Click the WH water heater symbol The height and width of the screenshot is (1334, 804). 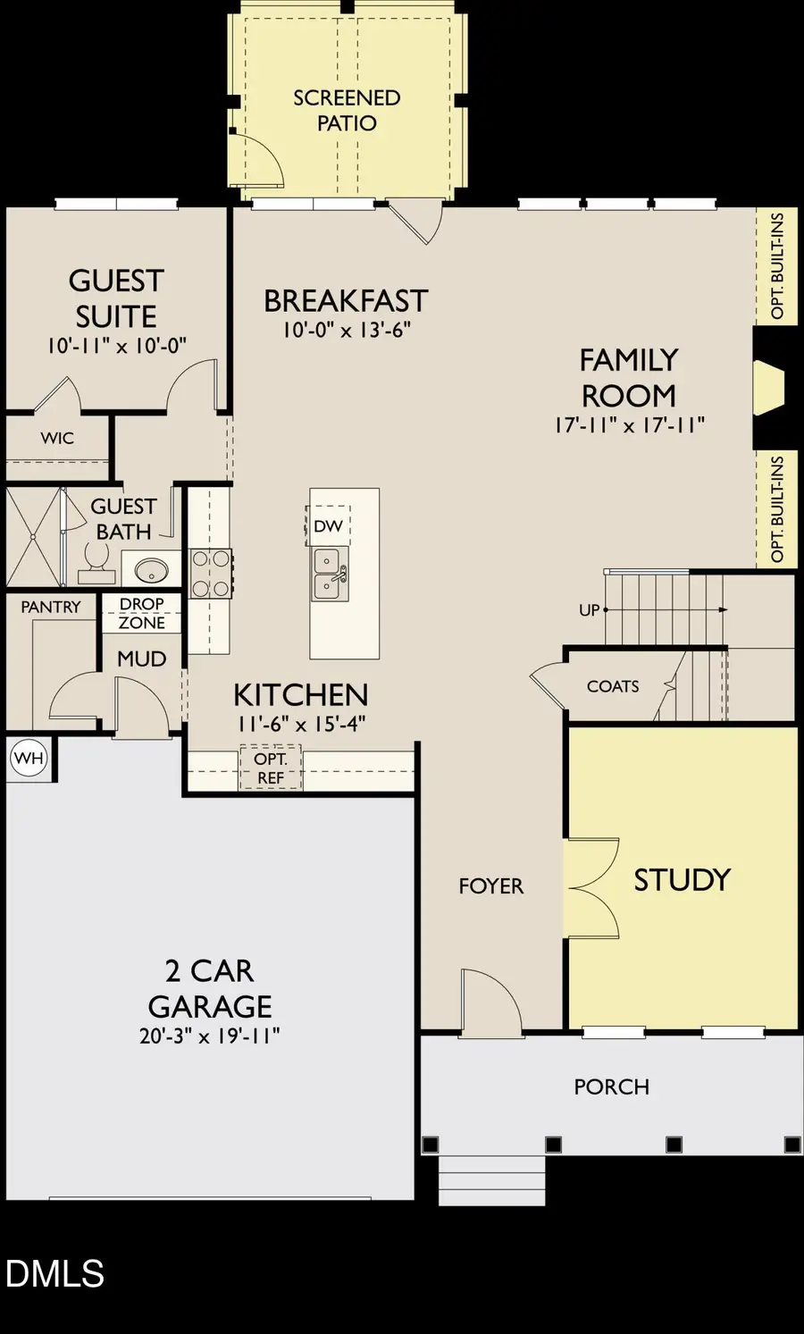(x=29, y=759)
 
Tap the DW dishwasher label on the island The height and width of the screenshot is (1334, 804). (x=328, y=526)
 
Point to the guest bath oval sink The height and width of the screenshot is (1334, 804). (x=151, y=569)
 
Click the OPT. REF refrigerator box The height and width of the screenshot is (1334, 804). (x=271, y=768)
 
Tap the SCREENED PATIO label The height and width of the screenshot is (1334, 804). (x=347, y=110)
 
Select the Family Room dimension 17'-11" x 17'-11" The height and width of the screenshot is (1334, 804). (x=629, y=425)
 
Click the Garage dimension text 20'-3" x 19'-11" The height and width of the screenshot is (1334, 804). (x=210, y=1036)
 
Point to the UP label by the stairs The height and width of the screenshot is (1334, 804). (x=589, y=610)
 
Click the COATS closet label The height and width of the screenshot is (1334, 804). (x=613, y=686)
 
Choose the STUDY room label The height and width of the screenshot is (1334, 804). (x=682, y=880)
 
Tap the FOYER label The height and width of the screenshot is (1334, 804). (x=490, y=885)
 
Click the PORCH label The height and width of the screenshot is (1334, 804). (x=611, y=1086)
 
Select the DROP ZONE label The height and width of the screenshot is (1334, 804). (x=142, y=614)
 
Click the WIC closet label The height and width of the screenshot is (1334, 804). (x=57, y=438)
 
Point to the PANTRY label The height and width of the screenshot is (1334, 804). (x=51, y=607)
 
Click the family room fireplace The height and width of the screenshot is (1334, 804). (x=768, y=388)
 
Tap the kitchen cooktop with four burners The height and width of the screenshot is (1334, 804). (x=211, y=574)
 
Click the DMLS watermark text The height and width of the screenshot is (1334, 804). (x=54, y=1273)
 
